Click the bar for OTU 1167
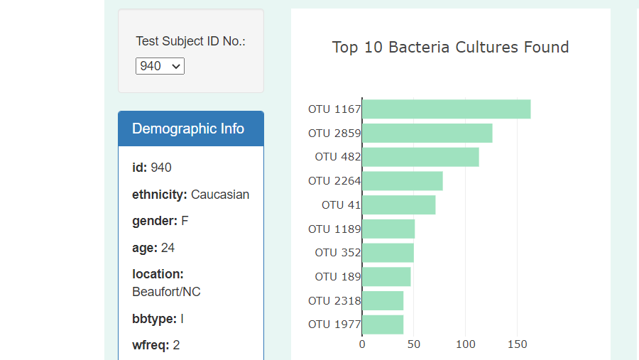446,109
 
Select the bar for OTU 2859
427,133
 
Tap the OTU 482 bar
420,157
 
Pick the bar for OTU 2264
402,181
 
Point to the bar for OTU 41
398,205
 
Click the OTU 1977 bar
383,324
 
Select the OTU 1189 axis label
334,229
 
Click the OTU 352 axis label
338,253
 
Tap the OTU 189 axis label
338,277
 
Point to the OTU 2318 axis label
334,301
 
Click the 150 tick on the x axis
518,344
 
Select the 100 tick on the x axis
466,344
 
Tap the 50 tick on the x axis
414,344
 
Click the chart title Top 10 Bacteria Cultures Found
450,48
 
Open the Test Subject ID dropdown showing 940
160,66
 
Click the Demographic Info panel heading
188,129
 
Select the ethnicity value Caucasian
220,195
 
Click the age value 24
168,248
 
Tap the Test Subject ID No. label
190,41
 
